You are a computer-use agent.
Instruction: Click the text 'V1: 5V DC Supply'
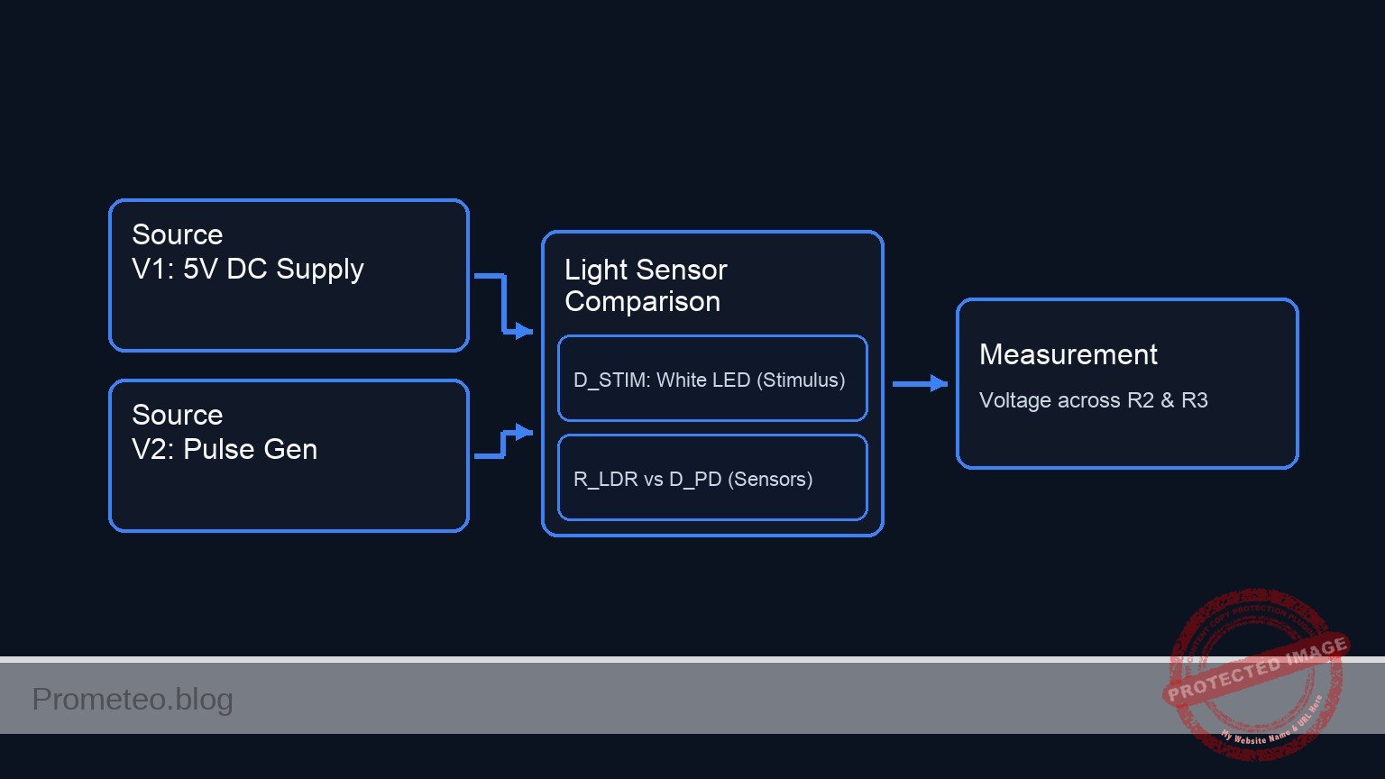pyautogui.click(x=248, y=269)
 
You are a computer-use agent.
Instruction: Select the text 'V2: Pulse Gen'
pyautogui.click(x=225, y=449)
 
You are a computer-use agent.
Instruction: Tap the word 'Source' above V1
pyautogui.click(x=177, y=234)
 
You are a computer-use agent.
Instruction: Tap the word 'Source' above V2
pyautogui.click(x=177, y=415)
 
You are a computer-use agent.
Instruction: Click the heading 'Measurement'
pyautogui.click(x=1068, y=354)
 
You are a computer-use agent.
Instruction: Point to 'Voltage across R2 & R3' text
pyautogui.click(x=1093, y=400)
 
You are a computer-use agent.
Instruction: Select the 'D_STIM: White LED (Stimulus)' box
pyautogui.click(x=712, y=379)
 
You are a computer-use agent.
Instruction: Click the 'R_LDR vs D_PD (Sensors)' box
pyautogui.click(x=712, y=478)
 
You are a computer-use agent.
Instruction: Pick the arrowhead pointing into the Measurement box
pyautogui.click(x=939, y=384)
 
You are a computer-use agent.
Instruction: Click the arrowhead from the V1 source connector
pyautogui.click(x=524, y=332)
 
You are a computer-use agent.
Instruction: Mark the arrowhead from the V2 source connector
pyautogui.click(x=524, y=433)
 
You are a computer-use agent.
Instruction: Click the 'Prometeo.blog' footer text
pyautogui.click(x=133, y=700)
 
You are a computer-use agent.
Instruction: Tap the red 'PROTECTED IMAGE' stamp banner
pyautogui.click(x=1257, y=668)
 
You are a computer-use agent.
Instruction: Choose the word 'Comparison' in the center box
pyautogui.click(x=642, y=302)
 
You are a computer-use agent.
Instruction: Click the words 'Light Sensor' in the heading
pyautogui.click(x=646, y=270)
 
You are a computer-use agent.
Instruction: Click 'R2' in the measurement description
pyautogui.click(x=1141, y=400)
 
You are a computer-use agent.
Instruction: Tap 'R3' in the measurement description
pyautogui.click(x=1194, y=400)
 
